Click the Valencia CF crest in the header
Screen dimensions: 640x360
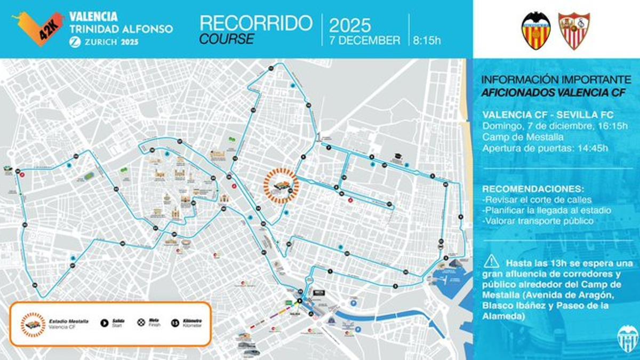click(x=536, y=30)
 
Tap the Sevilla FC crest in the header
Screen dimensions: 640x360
click(x=574, y=30)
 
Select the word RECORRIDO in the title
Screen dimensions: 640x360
click(x=255, y=23)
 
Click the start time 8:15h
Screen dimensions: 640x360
click(x=427, y=40)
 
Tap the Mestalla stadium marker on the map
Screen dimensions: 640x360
click(x=281, y=185)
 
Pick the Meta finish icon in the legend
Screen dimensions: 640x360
click(x=141, y=322)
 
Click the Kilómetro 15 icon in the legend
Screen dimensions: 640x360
click(x=174, y=322)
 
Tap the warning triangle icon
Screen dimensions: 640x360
click(x=492, y=261)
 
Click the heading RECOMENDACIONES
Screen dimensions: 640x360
click(x=533, y=189)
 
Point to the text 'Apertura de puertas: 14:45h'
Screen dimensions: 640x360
click(x=545, y=148)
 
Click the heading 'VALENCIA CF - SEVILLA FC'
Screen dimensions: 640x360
click(x=547, y=115)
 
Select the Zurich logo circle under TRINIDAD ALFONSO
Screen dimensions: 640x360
click(x=75, y=42)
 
